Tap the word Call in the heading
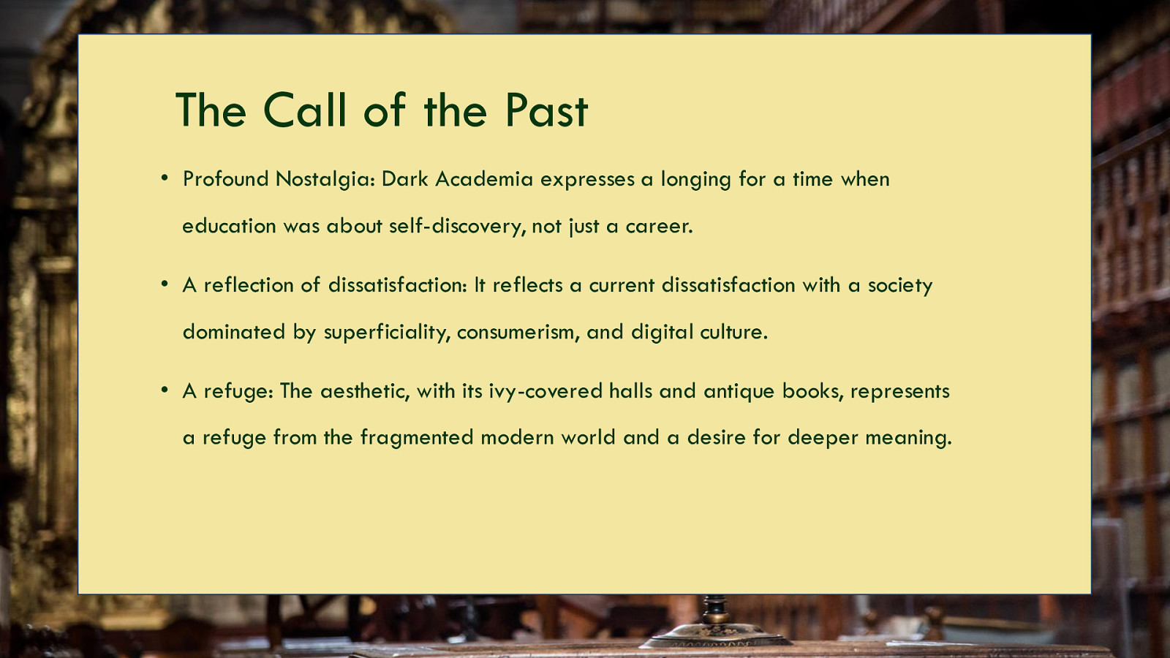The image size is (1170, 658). pyautogui.click(x=304, y=110)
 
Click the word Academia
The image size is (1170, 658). pyautogui.click(x=483, y=179)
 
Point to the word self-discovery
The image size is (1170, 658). pyautogui.click(x=458, y=227)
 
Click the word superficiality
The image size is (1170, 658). pyautogui.click(x=387, y=333)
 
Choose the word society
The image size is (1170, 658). pyautogui.click(x=900, y=286)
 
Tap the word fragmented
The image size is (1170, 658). pyautogui.click(x=417, y=438)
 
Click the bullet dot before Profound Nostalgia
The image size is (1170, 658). pyautogui.click(x=165, y=178)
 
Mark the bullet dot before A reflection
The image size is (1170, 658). pyautogui.click(x=165, y=284)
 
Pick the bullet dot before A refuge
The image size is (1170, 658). pyautogui.click(x=165, y=390)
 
